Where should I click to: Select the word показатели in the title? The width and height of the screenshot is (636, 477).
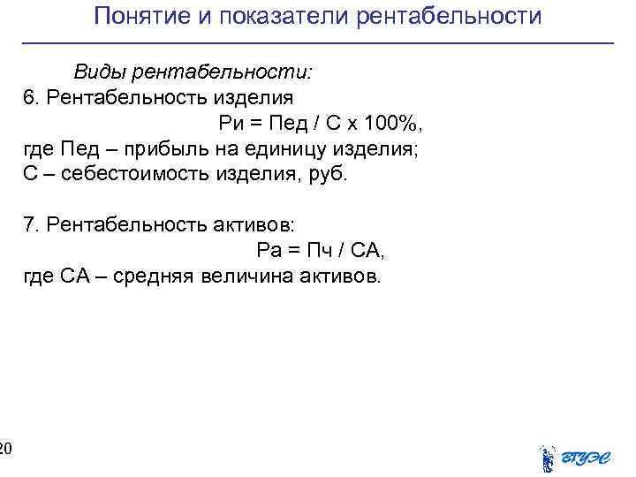[276, 17]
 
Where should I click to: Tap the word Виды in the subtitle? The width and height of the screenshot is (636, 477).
[95, 72]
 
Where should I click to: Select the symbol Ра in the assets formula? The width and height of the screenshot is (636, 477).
[269, 252]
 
